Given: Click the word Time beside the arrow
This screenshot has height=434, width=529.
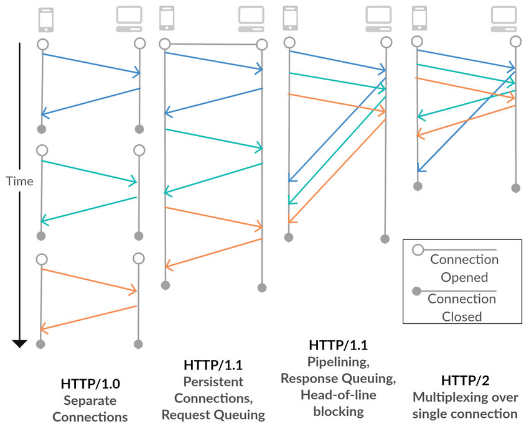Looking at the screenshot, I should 19,182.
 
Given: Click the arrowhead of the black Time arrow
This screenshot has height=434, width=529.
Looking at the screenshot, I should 19,343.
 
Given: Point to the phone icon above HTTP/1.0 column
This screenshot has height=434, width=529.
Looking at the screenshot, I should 46,19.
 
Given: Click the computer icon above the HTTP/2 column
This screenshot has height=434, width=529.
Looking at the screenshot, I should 503,19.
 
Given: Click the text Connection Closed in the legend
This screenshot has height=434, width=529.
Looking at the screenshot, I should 462,308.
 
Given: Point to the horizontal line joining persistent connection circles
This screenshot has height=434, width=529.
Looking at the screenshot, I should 213,44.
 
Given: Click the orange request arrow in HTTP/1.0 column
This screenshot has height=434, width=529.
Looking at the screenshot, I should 88,279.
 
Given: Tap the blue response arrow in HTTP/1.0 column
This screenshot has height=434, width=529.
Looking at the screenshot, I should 90,102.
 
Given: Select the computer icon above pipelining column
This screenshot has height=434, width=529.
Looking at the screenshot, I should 378,19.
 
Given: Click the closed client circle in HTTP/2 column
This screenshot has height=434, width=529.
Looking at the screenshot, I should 418,186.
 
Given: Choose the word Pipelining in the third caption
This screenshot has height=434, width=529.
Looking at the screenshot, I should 334,361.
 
